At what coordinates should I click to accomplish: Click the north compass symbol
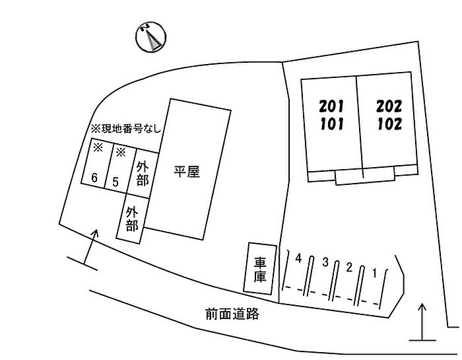point(151,37)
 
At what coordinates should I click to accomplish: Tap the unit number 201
point(331,106)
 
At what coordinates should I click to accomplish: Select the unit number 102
point(389,124)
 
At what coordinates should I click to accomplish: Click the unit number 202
point(389,106)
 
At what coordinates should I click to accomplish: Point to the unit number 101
point(332,124)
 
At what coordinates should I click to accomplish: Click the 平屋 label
point(187,172)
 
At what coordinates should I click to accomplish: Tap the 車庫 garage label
point(261,270)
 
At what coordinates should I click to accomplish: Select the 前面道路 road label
point(232,314)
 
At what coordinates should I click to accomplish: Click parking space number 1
point(374,273)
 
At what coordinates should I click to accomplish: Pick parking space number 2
point(349,268)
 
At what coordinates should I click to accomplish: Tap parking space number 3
point(325,262)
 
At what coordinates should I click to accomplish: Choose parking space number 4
point(299,258)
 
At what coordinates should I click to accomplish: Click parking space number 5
point(115,182)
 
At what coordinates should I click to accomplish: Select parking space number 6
point(94,178)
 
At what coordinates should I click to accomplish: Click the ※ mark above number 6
point(98,147)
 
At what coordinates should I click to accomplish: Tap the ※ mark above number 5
point(121,152)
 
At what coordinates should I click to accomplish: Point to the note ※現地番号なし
point(126,129)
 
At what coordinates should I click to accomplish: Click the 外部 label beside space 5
point(143,174)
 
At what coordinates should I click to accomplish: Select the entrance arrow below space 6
point(89,247)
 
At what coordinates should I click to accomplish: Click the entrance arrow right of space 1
point(422,322)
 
